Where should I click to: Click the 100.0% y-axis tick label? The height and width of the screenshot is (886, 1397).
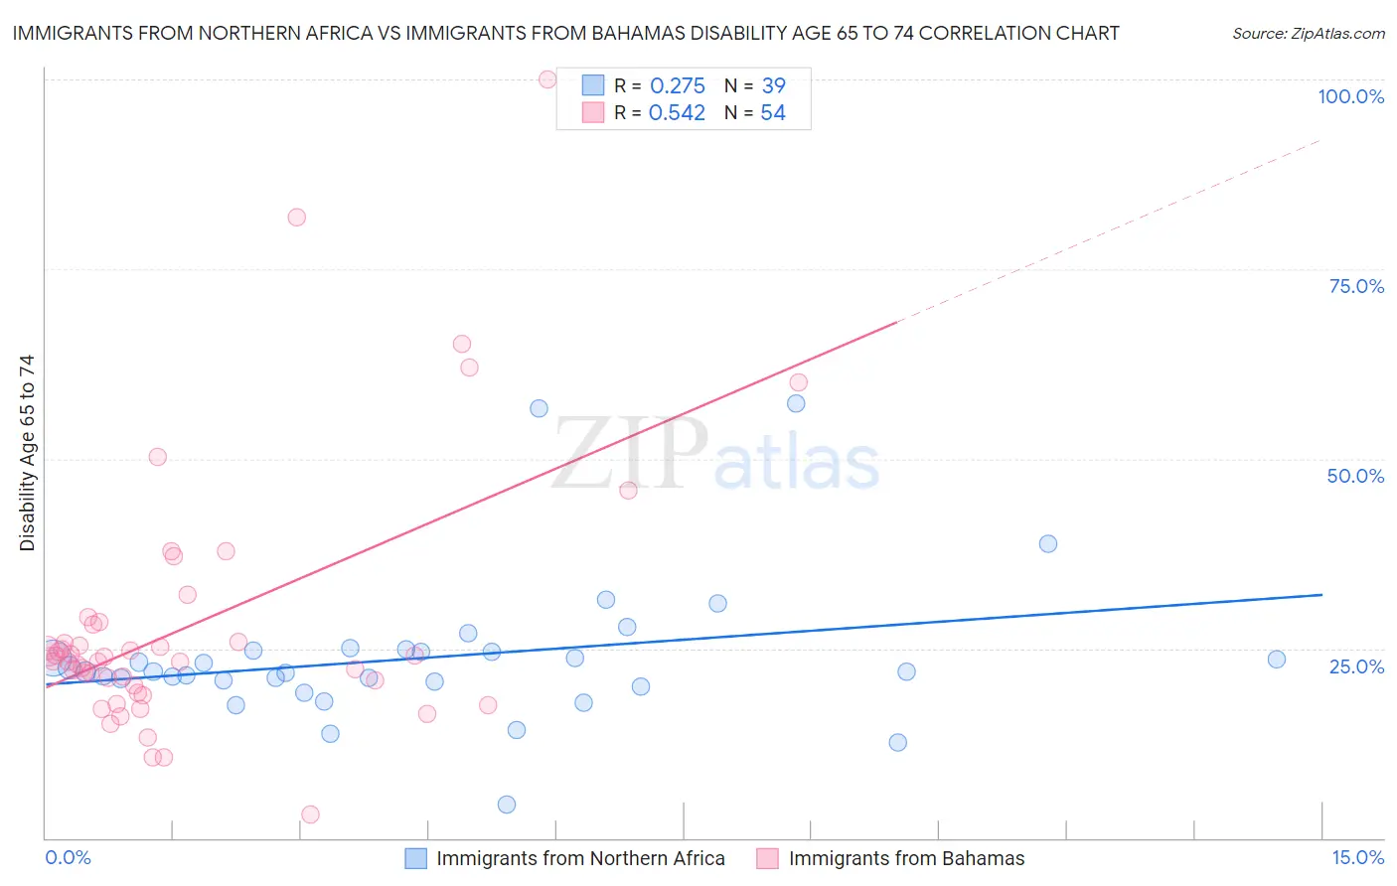click(1350, 96)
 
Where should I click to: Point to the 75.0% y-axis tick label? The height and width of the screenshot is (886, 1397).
click(1356, 286)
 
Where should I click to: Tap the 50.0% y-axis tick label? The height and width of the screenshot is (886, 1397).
click(1355, 476)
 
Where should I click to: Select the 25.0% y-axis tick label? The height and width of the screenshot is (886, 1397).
click(1356, 666)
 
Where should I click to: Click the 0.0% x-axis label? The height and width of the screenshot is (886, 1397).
click(68, 858)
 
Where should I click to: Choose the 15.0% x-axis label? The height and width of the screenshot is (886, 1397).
click(1357, 858)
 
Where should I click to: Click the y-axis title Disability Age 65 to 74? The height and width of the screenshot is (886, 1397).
click(27, 453)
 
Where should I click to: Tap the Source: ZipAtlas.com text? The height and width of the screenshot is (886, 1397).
click(1309, 34)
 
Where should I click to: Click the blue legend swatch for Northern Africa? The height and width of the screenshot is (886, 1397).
click(415, 858)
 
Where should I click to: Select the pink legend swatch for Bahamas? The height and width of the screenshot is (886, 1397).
click(767, 858)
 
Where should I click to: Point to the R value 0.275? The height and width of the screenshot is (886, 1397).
click(677, 86)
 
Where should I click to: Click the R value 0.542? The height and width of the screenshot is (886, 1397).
click(677, 113)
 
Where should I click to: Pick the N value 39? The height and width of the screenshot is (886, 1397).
click(773, 86)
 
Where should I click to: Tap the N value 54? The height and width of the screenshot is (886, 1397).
click(773, 113)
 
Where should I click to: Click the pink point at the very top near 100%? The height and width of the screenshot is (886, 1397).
click(547, 79)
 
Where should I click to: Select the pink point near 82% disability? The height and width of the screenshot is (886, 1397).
click(296, 218)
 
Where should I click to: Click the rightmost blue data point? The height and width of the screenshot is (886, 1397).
click(1277, 660)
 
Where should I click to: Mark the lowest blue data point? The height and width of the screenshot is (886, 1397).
click(507, 805)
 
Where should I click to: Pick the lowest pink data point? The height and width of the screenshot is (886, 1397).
click(310, 814)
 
